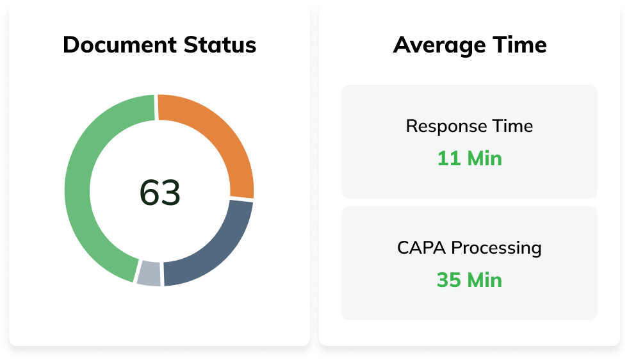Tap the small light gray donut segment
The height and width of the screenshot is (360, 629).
149,273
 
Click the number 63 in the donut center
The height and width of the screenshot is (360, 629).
160,193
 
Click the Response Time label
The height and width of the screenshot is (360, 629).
470,126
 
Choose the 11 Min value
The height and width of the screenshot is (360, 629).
470,158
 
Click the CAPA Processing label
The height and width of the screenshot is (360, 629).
470,247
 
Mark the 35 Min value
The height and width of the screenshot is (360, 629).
470,280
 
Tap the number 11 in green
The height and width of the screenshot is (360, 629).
449,158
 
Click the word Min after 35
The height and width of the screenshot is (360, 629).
484,280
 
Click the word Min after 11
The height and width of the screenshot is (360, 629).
484,158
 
